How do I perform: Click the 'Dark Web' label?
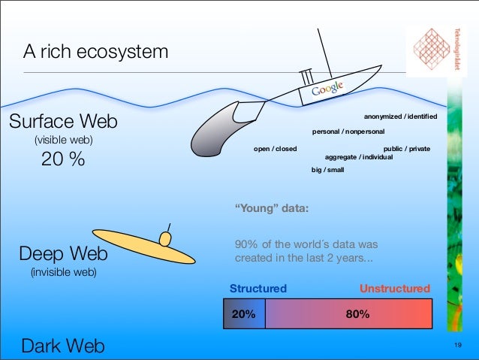63,345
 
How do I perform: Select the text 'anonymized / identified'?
400,116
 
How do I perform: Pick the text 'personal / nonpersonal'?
348,132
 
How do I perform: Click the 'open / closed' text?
275,149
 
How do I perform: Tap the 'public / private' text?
406,149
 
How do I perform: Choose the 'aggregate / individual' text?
358,157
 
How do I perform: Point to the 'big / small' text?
327,171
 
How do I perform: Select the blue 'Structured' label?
258,289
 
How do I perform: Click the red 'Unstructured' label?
395,289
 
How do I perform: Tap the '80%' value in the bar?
357,314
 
